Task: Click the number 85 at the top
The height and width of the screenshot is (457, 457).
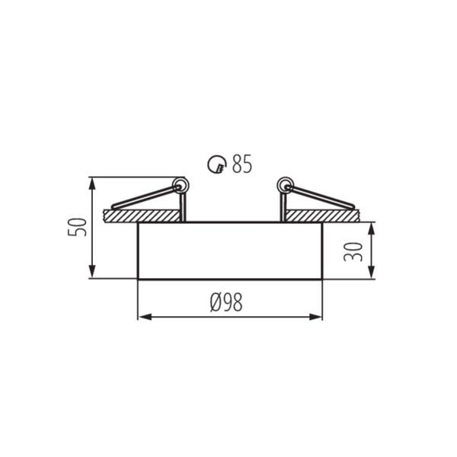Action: coord(241,164)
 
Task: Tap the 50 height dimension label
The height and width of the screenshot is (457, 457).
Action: coord(77,227)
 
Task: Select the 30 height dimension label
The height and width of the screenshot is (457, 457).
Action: coord(353,252)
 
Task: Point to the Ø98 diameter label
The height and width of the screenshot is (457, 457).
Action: coord(226,302)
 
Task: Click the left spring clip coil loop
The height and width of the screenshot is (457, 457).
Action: coord(181,185)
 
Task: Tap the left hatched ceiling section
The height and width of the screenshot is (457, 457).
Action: coord(142,216)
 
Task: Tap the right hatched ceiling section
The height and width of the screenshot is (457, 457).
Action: coord(323,216)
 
